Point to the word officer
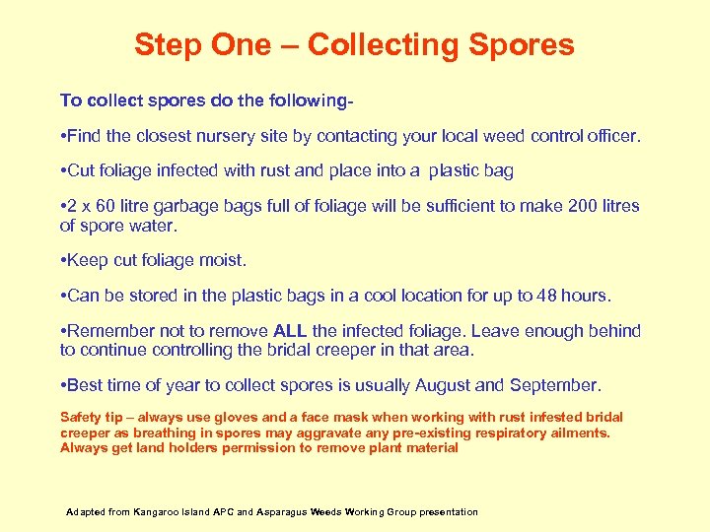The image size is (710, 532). point(611,135)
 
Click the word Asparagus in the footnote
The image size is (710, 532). point(283,512)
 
